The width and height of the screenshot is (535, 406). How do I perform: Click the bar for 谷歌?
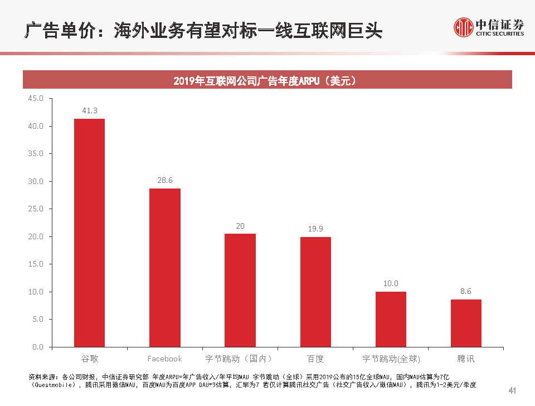point(89,233)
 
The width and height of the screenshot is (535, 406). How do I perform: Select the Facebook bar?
point(165,268)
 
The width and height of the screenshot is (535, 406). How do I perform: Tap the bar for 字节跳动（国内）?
point(240,290)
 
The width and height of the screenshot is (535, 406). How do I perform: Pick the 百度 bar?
point(315,292)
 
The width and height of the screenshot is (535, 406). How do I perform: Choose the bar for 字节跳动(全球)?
point(391,319)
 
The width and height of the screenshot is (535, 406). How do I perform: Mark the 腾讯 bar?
point(466,323)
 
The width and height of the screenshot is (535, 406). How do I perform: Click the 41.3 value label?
point(89,111)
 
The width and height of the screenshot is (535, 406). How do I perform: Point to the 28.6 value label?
point(165,181)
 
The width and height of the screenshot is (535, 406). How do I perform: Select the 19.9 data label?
point(315,229)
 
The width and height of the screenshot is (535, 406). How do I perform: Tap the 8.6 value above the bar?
point(466,291)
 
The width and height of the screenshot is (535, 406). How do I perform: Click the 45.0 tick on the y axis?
point(35,99)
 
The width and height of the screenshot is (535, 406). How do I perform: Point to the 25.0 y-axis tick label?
point(35,209)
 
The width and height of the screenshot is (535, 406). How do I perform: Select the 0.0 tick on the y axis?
point(37,347)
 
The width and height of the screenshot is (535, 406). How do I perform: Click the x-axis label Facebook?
point(165,359)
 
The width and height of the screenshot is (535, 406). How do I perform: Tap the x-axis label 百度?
point(315,359)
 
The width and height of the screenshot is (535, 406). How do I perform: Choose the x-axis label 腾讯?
point(466,359)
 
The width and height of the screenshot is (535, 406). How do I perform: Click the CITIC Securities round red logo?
point(463,27)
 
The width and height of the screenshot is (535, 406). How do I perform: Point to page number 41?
point(513,390)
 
